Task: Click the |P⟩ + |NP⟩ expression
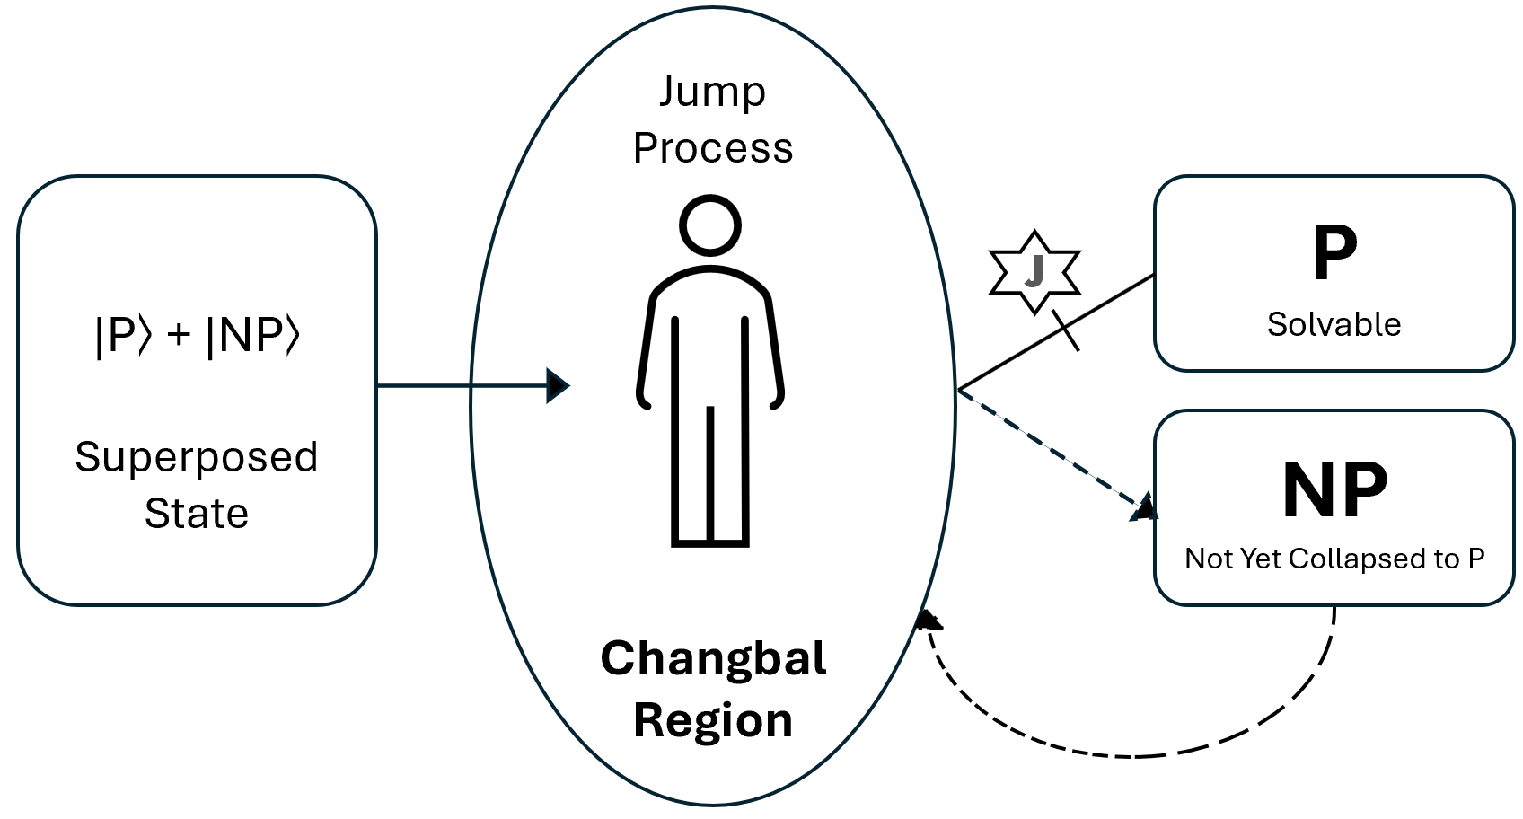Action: [x=197, y=336]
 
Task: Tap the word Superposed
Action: [x=196, y=457]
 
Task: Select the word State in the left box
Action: [x=196, y=514]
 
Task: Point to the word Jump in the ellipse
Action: [x=712, y=92]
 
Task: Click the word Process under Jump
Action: [x=713, y=148]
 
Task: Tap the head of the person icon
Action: [x=710, y=225]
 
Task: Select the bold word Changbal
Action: [x=713, y=658]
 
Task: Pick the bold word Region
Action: [x=713, y=720]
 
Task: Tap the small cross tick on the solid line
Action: [x=1065, y=330]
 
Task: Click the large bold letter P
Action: [x=1334, y=253]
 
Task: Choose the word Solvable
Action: [x=1334, y=324]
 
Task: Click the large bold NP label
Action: [x=1334, y=491]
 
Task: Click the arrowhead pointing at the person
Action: [x=559, y=386]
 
